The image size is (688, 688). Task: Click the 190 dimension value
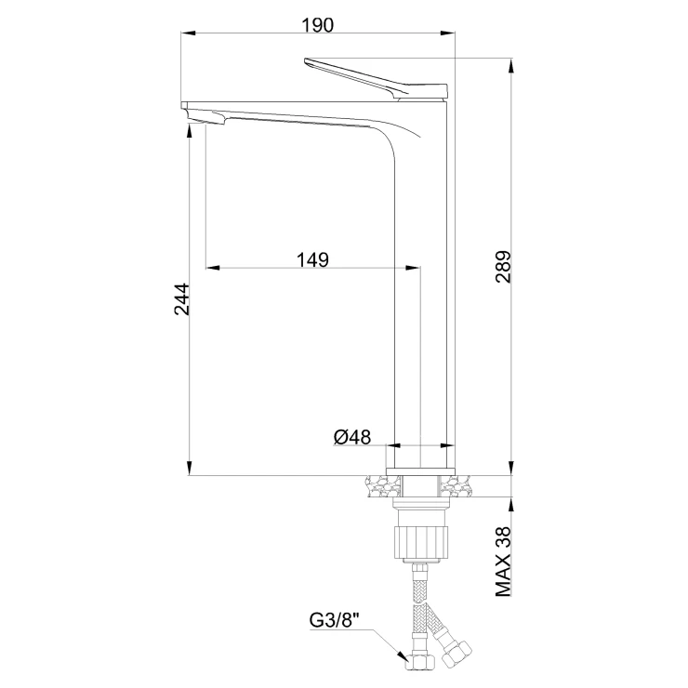[317, 25]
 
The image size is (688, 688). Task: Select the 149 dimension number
[312, 259]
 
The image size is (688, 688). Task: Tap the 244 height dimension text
[182, 299]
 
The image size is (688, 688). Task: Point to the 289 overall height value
[503, 267]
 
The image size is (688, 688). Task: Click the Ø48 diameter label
[352, 437]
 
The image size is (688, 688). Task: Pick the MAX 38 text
[503, 562]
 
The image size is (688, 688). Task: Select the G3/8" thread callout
[335, 620]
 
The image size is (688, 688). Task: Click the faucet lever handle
[376, 78]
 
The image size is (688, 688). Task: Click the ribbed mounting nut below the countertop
[421, 542]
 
